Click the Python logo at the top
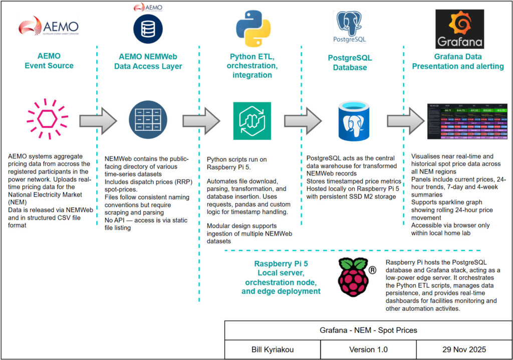pos(253,31)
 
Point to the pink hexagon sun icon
pos(47,120)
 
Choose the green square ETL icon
pos(252,121)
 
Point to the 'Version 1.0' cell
pos(368,349)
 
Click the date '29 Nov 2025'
pos(464,349)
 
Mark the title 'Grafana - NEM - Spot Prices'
pos(368,331)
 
